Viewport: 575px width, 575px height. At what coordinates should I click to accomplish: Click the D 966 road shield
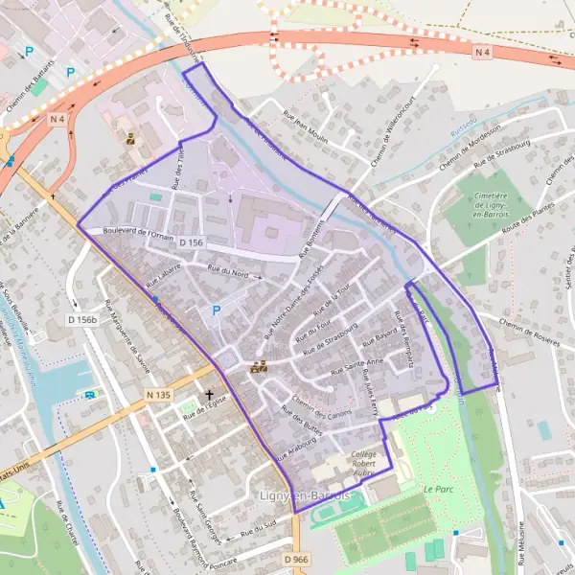297,559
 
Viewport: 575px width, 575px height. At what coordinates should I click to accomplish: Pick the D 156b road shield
83,319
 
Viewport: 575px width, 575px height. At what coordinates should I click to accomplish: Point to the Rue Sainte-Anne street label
356,364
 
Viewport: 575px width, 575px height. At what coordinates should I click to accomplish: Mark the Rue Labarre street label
164,278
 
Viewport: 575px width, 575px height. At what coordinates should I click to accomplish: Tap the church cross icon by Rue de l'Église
210,395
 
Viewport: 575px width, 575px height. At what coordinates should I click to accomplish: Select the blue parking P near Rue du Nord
216,310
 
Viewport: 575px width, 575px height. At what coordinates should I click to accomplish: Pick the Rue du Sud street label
258,525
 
